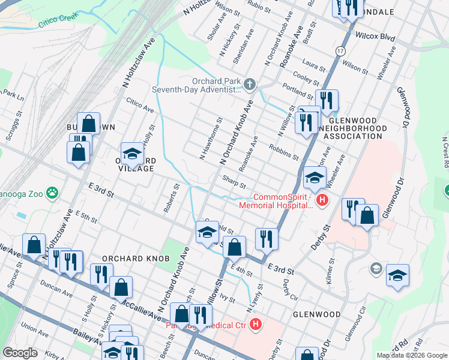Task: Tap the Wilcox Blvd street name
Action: click(x=375, y=37)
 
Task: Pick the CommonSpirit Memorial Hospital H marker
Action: click(x=322, y=200)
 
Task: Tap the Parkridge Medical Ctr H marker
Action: click(x=256, y=326)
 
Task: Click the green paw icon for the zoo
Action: click(x=53, y=193)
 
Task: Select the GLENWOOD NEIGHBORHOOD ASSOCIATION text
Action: click(x=353, y=132)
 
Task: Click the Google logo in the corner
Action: click(x=20, y=353)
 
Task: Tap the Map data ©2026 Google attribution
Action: click(x=411, y=355)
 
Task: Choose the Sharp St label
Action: click(x=234, y=182)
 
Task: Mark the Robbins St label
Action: click(x=284, y=152)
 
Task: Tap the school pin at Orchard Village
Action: click(x=133, y=154)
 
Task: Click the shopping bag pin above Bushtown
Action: click(x=88, y=124)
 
